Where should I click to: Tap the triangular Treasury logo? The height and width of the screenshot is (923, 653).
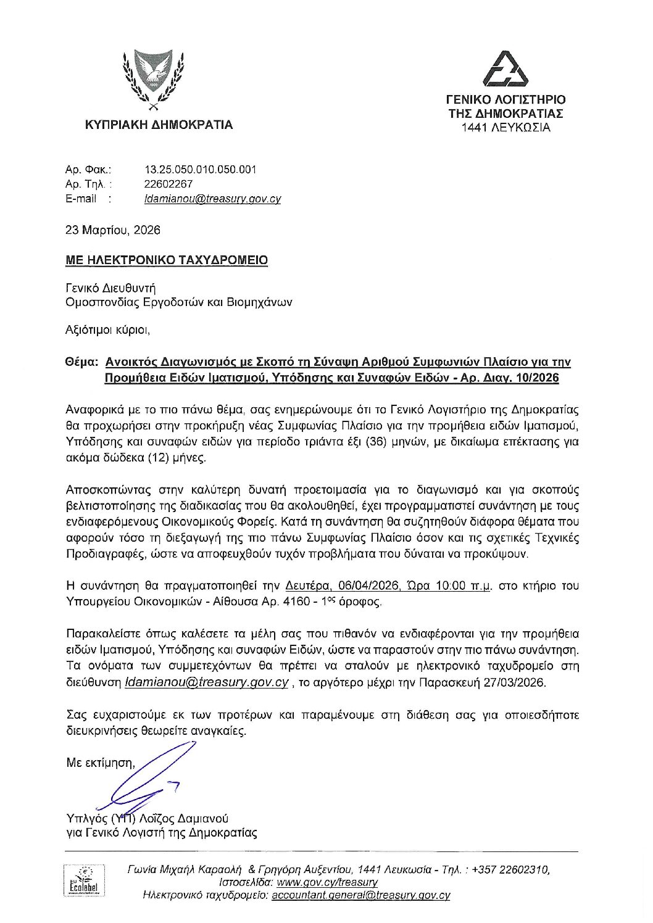505,69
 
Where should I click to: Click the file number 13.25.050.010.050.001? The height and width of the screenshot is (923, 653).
200,169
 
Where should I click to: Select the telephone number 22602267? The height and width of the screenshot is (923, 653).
168,184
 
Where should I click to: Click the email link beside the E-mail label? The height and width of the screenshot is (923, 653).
212,199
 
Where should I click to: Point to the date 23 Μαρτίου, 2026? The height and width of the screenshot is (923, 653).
113,230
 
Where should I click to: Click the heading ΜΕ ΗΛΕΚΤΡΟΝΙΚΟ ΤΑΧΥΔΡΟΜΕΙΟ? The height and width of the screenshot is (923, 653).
167,260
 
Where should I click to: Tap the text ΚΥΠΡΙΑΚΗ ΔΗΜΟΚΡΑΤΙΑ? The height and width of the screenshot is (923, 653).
159,125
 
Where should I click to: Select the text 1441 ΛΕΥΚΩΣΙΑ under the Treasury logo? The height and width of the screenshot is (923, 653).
505,128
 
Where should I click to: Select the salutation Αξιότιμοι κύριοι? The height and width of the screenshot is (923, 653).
108,330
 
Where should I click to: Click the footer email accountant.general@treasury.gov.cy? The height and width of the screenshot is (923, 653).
360,895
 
